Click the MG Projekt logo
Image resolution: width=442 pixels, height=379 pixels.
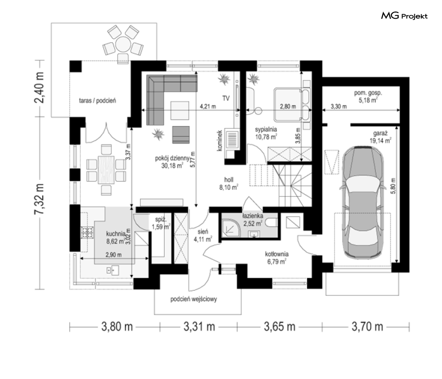pyautogui.click(x=404, y=16)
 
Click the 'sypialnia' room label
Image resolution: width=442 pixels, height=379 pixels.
pyautogui.click(x=266, y=129)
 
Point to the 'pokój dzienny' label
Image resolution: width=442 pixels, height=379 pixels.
pyautogui.click(x=172, y=158)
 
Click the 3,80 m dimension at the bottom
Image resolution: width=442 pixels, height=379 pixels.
pyautogui.click(x=117, y=327)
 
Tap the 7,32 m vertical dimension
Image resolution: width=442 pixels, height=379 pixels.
pyautogui.click(x=39, y=199)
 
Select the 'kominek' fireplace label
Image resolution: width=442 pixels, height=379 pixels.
pyautogui.click(x=220, y=140)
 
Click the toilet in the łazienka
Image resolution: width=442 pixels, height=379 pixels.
pyautogui.click(x=271, y=223)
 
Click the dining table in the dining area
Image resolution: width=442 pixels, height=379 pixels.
pyautogui.click(x=106, y=170)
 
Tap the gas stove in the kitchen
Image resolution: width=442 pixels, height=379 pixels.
pyautogui.click(x=87, y=232)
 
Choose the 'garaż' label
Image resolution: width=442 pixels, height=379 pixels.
pyautogui.click(x=380, y=133)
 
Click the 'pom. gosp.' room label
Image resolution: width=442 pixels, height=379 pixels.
pyautogui.click(x=368, y=93)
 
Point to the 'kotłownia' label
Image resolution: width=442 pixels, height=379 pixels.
pyautogui.click(x=277, y=254)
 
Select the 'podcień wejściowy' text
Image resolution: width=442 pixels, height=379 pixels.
pyautogui.click(x=194, y=299)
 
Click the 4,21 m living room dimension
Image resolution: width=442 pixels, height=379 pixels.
pyautogui.click(x=208, y=107)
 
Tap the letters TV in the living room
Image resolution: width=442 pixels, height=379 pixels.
pyautogui.click(x=226, y=98)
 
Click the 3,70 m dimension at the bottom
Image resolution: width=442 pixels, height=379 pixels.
pyautogui.click(x=367, y=327)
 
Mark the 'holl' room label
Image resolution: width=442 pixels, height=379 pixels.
pyautogui.click(x=229, y=180)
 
